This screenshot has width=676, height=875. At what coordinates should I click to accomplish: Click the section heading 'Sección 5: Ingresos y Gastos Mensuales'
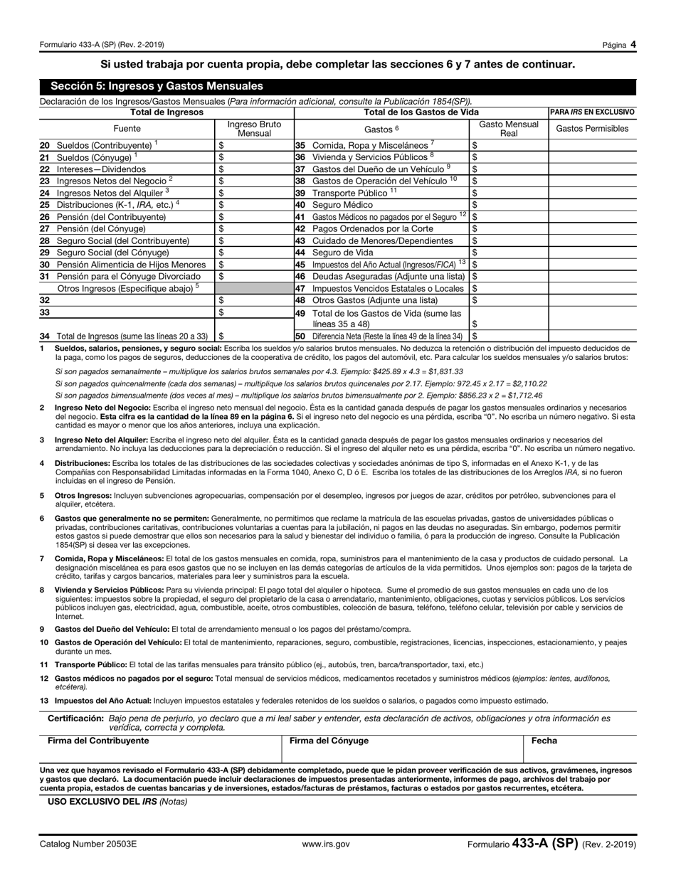pyautogui.click(x=152, y=86)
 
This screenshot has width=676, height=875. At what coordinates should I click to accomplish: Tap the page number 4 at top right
pyautogui.click(x=633, y=44)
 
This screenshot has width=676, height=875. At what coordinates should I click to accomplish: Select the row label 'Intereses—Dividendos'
pyautogui.click(x=101, y=169)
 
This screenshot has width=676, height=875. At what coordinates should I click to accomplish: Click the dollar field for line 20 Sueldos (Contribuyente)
pyautogui.click(x=255, y=145)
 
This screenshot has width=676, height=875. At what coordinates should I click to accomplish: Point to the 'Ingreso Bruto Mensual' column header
pyautogui.click(x=254, y=129)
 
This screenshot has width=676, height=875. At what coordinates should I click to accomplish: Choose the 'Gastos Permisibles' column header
pyautogui.click(x=591, y=129)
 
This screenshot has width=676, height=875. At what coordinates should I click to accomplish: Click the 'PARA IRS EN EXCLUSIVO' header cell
pyautogui.click(x=592, y=112)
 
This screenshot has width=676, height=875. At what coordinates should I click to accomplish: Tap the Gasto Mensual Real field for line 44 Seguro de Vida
pyautogui.click(x=508, y=252)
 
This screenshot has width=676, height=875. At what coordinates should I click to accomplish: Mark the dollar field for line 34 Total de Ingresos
pyautogui.click(x=255, y=336)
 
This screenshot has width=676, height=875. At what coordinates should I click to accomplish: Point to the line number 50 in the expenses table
pyautogui.click(x=300, y=336)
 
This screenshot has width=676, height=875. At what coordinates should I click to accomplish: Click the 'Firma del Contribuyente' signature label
pyautogui.click(x=98, y=741)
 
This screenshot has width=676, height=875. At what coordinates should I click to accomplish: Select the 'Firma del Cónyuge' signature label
pyautogui.click(x=329, y=741)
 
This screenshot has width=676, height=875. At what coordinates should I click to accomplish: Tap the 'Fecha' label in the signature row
pyautogui.click(x=544, y=741)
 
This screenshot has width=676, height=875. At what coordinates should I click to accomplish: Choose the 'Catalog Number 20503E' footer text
pyautogui.click(x=88, y=844)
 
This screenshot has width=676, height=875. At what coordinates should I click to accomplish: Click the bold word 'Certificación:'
pyautogui.click(x=75, y=718)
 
